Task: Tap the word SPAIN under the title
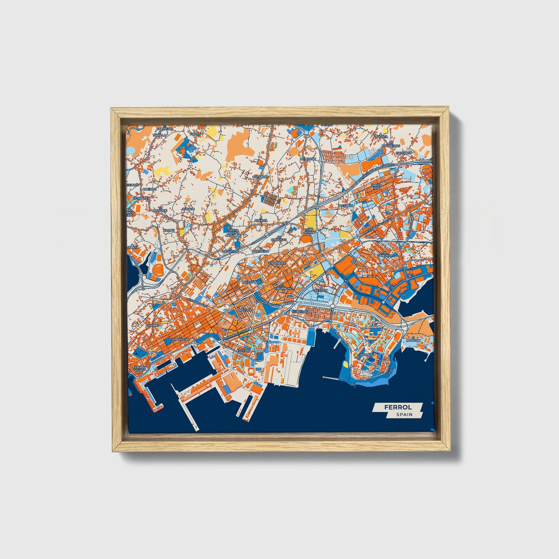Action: click(x=404, y=414)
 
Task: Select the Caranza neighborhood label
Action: click(x=365, y=354)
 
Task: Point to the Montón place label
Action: click(x=413, y=340)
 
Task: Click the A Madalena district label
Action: click(x=181, y=339)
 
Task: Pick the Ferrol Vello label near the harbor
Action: click(x=138, y=369)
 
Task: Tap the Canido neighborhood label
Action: click(x=152, y=326)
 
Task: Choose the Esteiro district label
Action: click(x=244, y=350)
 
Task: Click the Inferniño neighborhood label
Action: click(x=251, y=282)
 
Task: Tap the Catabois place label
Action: click(x=260, y=176)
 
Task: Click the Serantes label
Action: click(x=141, y=198)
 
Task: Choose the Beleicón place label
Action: click(x=308, y=159)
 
